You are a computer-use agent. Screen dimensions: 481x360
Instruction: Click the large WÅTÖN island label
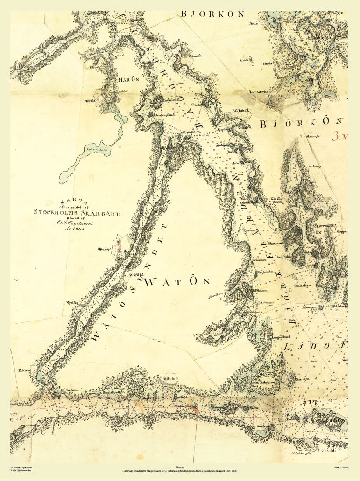(178, 281)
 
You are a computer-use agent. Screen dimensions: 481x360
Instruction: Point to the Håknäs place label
(166, 378)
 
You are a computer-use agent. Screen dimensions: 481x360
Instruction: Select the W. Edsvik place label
(241, 110)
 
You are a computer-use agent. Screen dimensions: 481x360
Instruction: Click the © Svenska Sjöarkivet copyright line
(21, 467)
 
